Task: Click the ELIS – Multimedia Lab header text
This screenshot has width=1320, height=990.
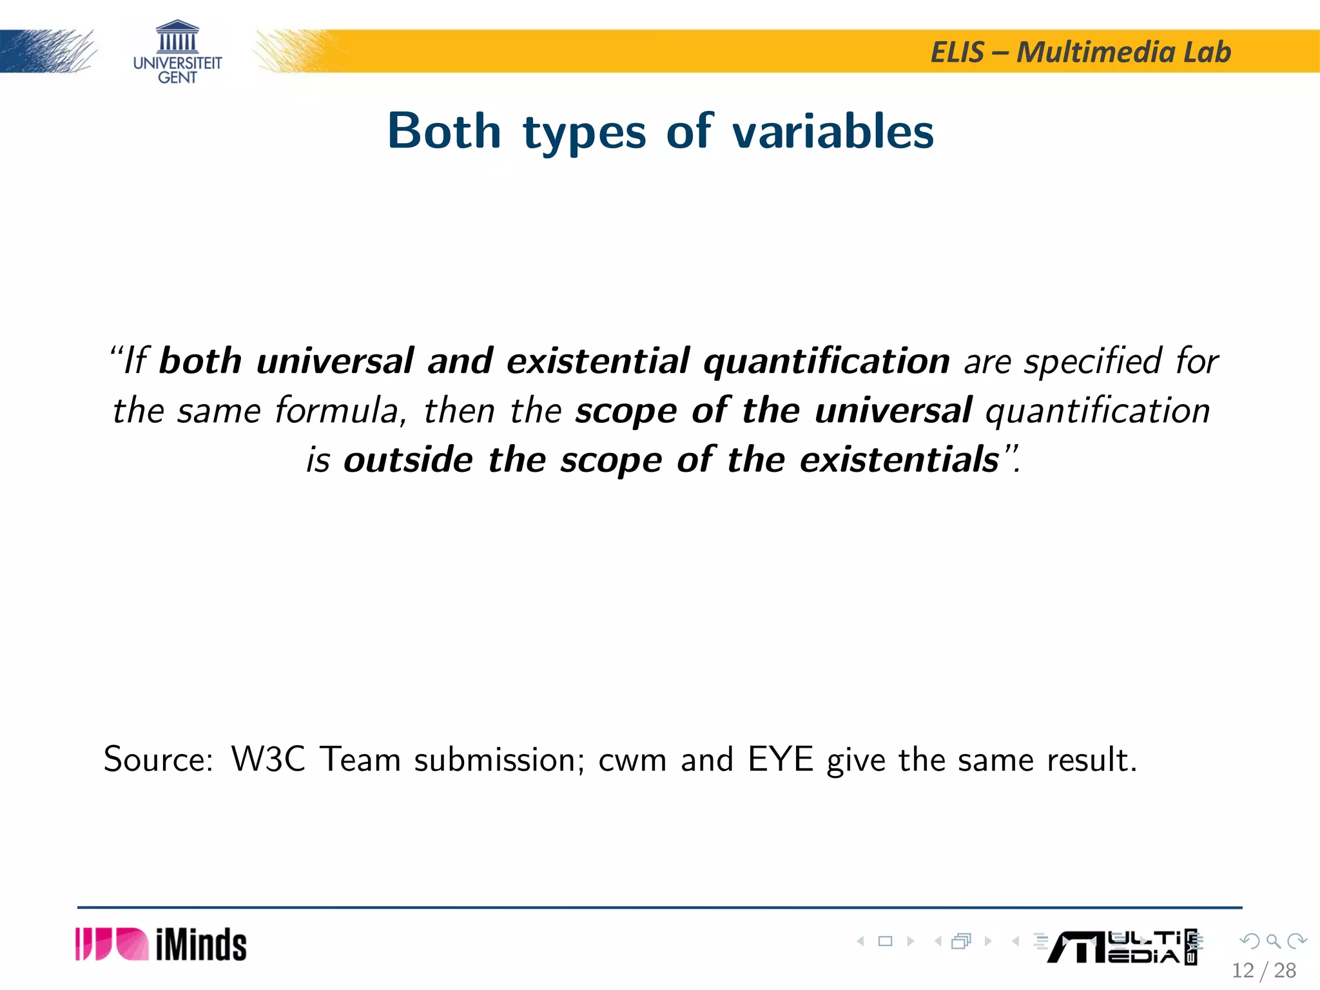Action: pyautogui.click(x=1080, y=52)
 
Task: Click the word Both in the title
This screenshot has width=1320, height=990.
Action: pyautogui.click(x=444, y=131)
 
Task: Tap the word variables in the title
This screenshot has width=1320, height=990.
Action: pyautogui.click(x=833, y=131)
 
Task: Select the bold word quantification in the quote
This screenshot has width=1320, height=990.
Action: pyautogui.click(x=826, y=362)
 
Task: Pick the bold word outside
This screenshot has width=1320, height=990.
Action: pyautogui.click(x=408, y=460)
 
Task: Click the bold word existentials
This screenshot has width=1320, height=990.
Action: pyautogui.click(x=899, y=460)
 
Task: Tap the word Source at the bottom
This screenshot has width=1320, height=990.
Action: pyautogui.click(x=157, y=759)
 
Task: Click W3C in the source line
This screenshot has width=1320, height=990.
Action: pyautogui.click(x=268, y=759)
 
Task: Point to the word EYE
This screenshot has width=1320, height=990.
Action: pyautogui.click(x=780, y=759)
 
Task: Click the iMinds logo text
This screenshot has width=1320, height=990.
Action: pyautogui.click(x=201, y=946)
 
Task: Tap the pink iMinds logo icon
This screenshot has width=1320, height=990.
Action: pyautogui.click(x=112, y=944)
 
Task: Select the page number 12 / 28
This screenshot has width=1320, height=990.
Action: pyautogui.click(x=1263, y=970)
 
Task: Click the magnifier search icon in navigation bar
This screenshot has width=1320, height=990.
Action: pyautogui.click(x=1273, y=942)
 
